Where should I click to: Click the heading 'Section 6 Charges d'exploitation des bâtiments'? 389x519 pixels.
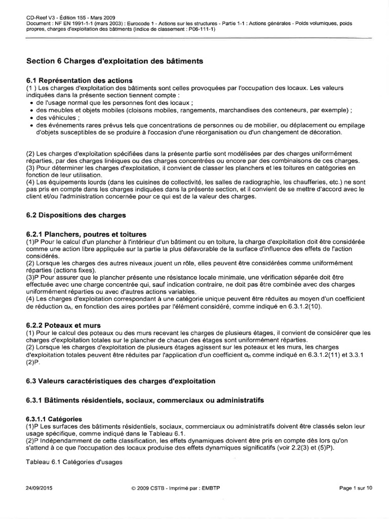click(114, 61)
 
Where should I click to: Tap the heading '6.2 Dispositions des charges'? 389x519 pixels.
click(75, 215)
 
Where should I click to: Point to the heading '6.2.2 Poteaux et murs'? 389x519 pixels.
click(63, 324)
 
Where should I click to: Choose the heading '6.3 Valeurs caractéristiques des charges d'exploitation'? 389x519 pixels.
click(121, 381)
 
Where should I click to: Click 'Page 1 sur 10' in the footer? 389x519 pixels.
click(356, 488)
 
